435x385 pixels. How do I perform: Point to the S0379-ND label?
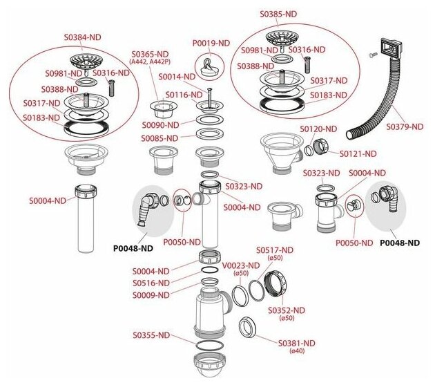(x=407, y=127)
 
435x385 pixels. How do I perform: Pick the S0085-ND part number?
(x=160, y=138)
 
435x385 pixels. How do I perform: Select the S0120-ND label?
(x=318, y=129)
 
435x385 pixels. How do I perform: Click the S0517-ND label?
(x=275, y=250)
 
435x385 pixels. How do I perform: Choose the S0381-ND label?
(x=297, y=343)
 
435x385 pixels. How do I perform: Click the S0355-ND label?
(x=151, y=335)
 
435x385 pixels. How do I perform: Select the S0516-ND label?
(x=151, y=283)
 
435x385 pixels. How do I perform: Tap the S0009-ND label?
(x=151, y=295)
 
